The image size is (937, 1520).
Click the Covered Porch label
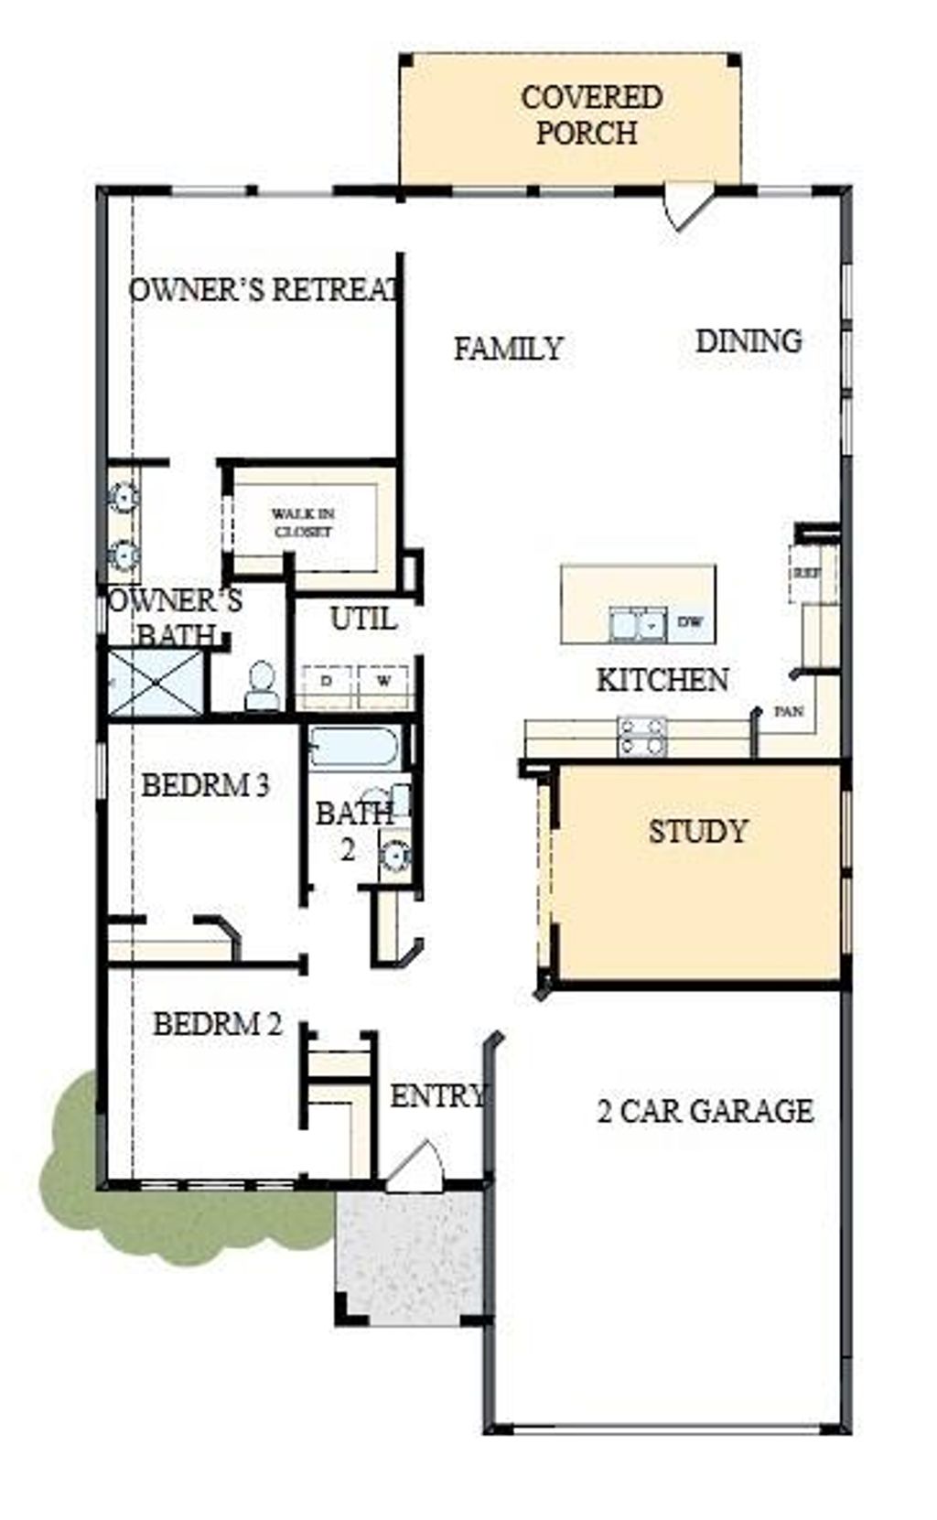pyautogui.click(x=591, y=114)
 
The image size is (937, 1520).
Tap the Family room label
pyautogui.click(x=508, y=349)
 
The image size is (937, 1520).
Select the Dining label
pyautogui.click(x=749, y=341)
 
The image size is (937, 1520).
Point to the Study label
pyautogui.click(x=698, y=832)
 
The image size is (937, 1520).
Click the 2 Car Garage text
pyautogui.click(x=705, y=1111)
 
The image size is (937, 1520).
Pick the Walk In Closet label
pyautogui.click(x=303, y=523)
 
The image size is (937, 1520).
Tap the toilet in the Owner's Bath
pyautogui.click(x=263, y=685)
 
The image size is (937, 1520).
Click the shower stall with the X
pyautogui.click(x=156, y=683)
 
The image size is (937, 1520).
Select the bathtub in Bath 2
pyautogui.click(x=354, y=749)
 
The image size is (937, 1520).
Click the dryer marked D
pyautogui.click(x=327, y=681)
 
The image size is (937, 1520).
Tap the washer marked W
pyautogui.click(x=384, y=681)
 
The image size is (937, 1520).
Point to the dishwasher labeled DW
pyautogui.click(x=690, y=622)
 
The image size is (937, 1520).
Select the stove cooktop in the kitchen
pyautogui.click(x=641, y=736)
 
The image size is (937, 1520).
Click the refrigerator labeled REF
pyautogui.click(x=806, y=573)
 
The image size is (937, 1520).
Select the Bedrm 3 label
pyautogui.click(x=205, y=785)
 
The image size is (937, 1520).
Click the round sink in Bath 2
pyautogui.click(x=395, y=857)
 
